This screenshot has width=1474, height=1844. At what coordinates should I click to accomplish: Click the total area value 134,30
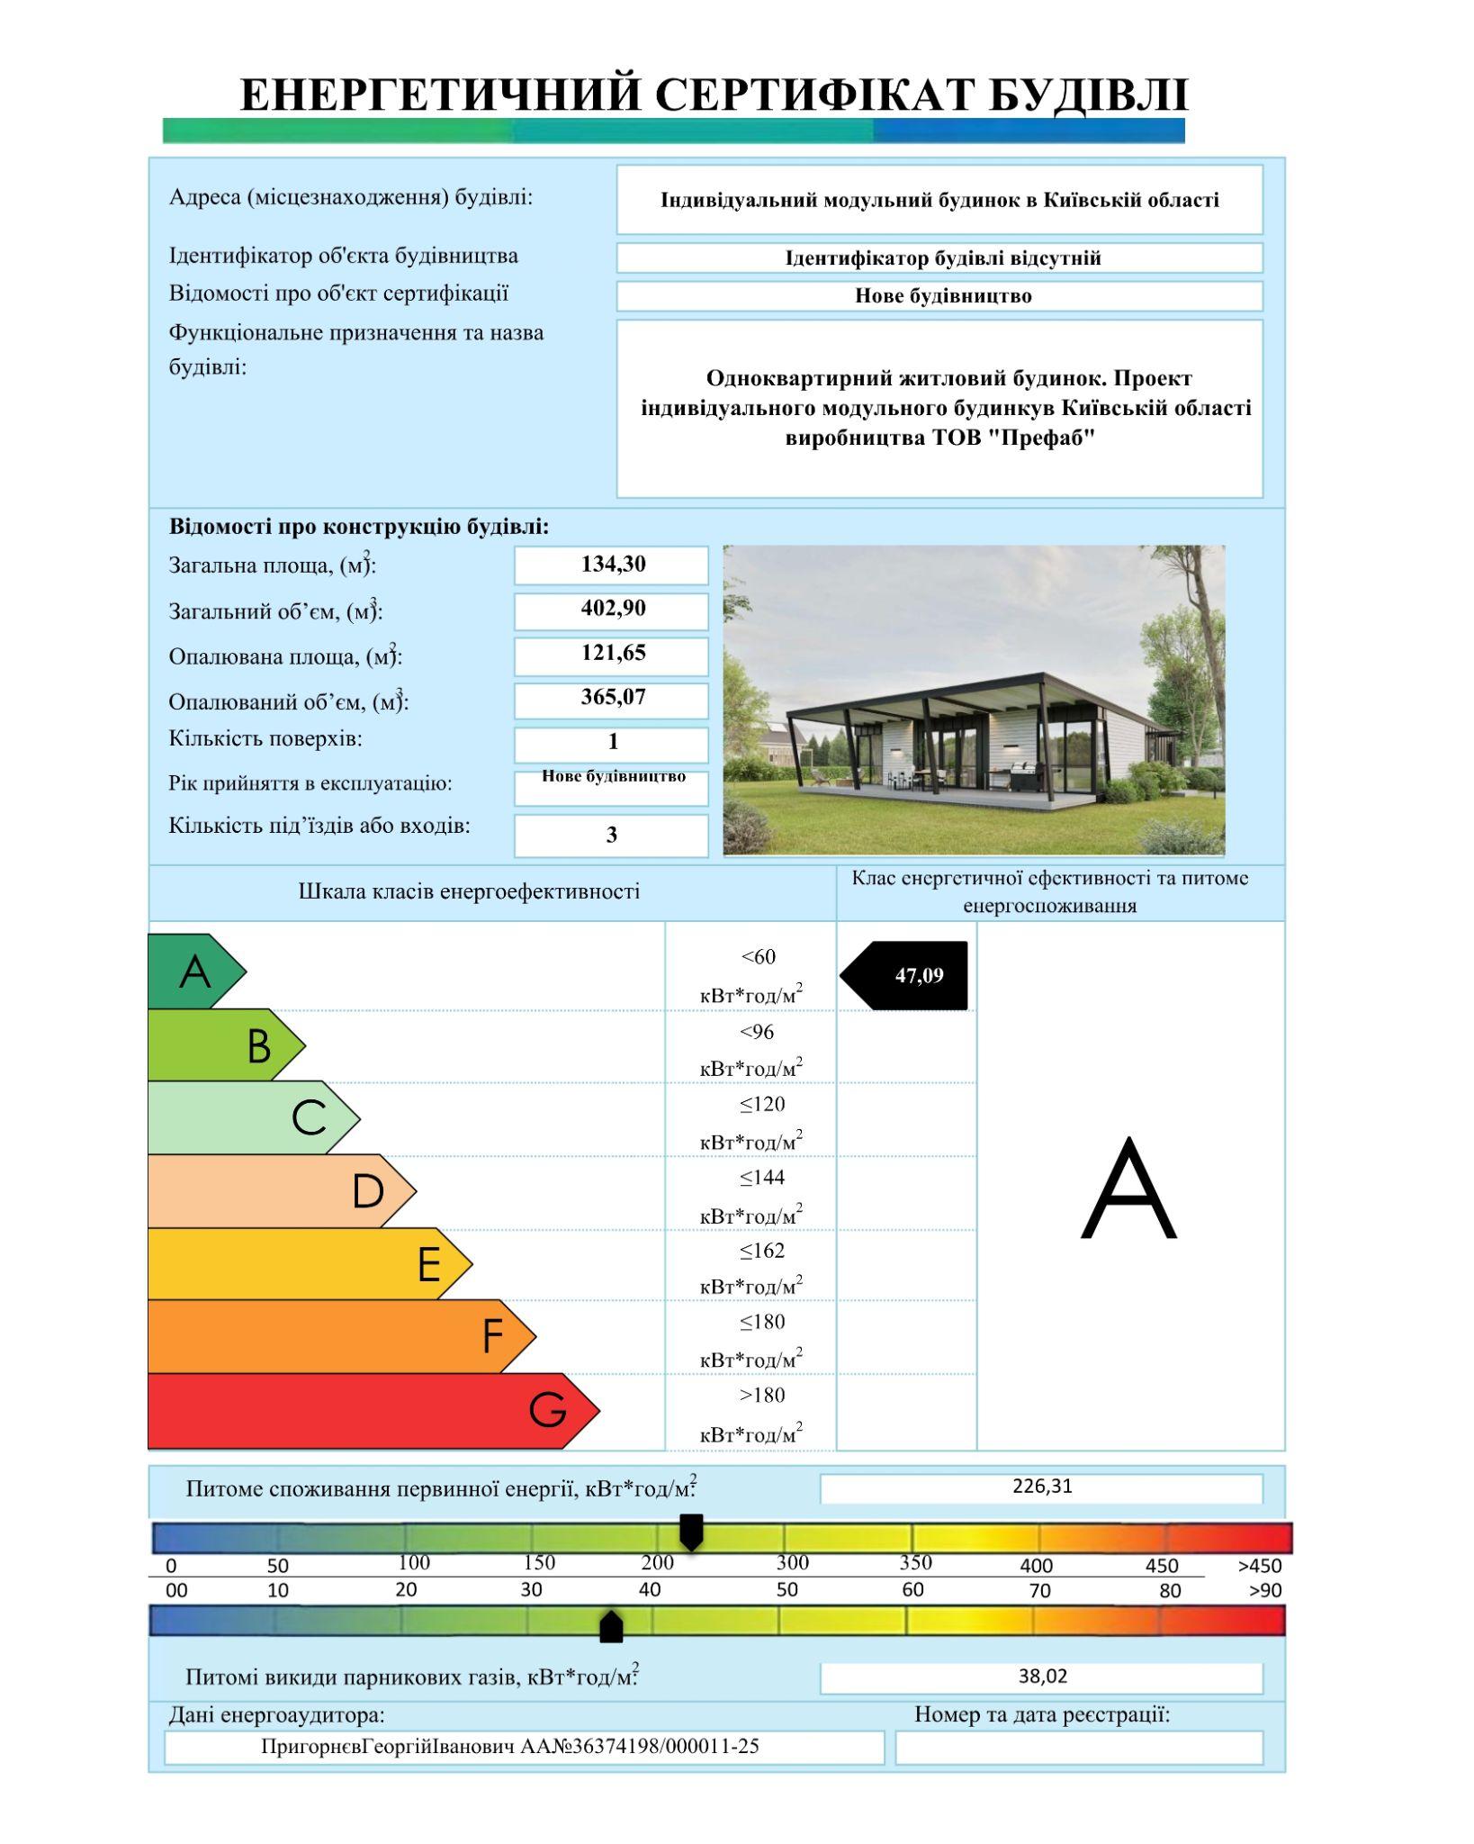click(x=613, y=565)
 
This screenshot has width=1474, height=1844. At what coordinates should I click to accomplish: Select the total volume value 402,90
click(x=613, y=609)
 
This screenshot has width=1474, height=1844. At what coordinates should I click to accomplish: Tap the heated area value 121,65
click(x=613, y=654)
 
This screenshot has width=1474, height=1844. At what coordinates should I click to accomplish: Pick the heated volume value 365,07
click(x=613, y=698)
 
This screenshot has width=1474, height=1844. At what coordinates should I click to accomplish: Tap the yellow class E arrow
click(x=306, y=1263)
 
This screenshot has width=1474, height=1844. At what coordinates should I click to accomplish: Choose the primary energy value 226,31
click(x=1042, y=1487)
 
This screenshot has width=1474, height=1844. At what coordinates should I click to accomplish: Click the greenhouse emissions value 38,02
click(x=1042, y=1677)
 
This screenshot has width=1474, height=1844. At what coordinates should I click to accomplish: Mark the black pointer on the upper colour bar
click(x=690, y=1531)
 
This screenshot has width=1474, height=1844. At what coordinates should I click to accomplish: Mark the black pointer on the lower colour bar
click(x=611, y=1627)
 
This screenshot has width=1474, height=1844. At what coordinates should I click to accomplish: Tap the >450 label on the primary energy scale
click(x=1259, y=1566)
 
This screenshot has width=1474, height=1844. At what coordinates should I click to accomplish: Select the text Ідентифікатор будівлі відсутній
click(x=942, y=258)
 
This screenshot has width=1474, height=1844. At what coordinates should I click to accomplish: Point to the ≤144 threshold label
click(x=761, y=1177)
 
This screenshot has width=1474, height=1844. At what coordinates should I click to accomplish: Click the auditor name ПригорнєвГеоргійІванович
click(x=389, y=1747)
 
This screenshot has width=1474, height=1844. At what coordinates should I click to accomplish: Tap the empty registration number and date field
click(x=1078, y=1748)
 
